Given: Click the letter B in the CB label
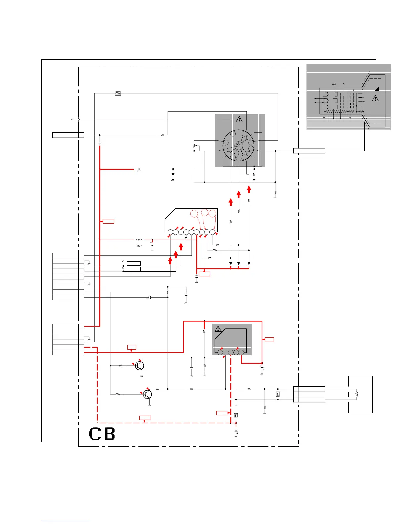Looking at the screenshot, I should pos(110,434).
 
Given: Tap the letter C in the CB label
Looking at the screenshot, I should pos(95,434).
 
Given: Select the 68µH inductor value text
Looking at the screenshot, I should pos(139,246).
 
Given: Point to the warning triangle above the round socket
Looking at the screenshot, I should pos(239,119).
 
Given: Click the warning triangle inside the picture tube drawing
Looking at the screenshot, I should pos(375,98).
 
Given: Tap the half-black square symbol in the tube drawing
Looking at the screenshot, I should pos(377,89).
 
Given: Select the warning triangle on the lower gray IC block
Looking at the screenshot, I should pos(218,329).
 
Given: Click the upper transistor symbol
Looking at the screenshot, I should pos(140,366).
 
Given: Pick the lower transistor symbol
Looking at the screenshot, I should pos(148,394).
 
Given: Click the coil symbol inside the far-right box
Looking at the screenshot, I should pos(357,394).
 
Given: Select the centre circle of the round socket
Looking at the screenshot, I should pos(238,145).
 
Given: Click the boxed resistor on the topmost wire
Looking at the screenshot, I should pos(118,93).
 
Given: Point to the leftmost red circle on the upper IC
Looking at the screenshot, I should pos(195,214).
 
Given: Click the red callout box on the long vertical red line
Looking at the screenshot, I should pos(109,221).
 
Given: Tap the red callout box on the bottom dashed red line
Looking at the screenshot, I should pos(145,418).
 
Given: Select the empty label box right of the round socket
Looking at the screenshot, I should pos(309,151).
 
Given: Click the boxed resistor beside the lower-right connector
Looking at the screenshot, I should pos(278,394).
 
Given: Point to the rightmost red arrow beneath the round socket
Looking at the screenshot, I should pos(249,189).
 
